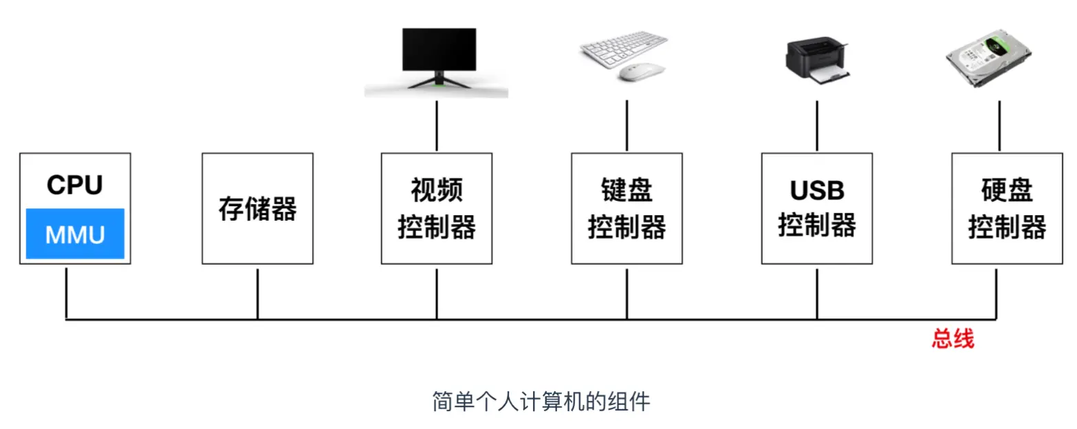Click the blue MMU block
75,234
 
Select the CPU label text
75,185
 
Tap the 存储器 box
257,208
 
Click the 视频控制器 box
437,208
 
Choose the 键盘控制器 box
627,208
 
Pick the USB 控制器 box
817,208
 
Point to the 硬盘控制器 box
1007,208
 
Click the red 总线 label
953,338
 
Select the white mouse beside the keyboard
642,71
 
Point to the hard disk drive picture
987,60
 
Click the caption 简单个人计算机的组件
541,401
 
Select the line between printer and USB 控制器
817,125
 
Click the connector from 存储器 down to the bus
257,294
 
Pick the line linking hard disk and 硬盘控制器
996,125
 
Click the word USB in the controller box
817,190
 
